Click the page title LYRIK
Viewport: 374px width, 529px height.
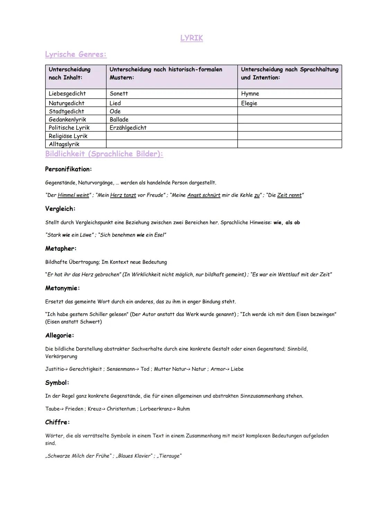tap(192, 38)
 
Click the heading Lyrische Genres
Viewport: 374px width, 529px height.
tap(76, 54)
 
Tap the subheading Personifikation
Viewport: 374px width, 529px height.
tap(68, 169)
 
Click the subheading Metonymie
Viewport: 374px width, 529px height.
tap(62, 288)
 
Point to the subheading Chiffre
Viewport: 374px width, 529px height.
tap(57, 422)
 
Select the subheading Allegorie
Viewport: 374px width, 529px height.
tap(59, 335)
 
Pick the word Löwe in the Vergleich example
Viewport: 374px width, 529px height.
tap(86, 235)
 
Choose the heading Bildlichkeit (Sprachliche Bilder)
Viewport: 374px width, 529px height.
tap(104, 154)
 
